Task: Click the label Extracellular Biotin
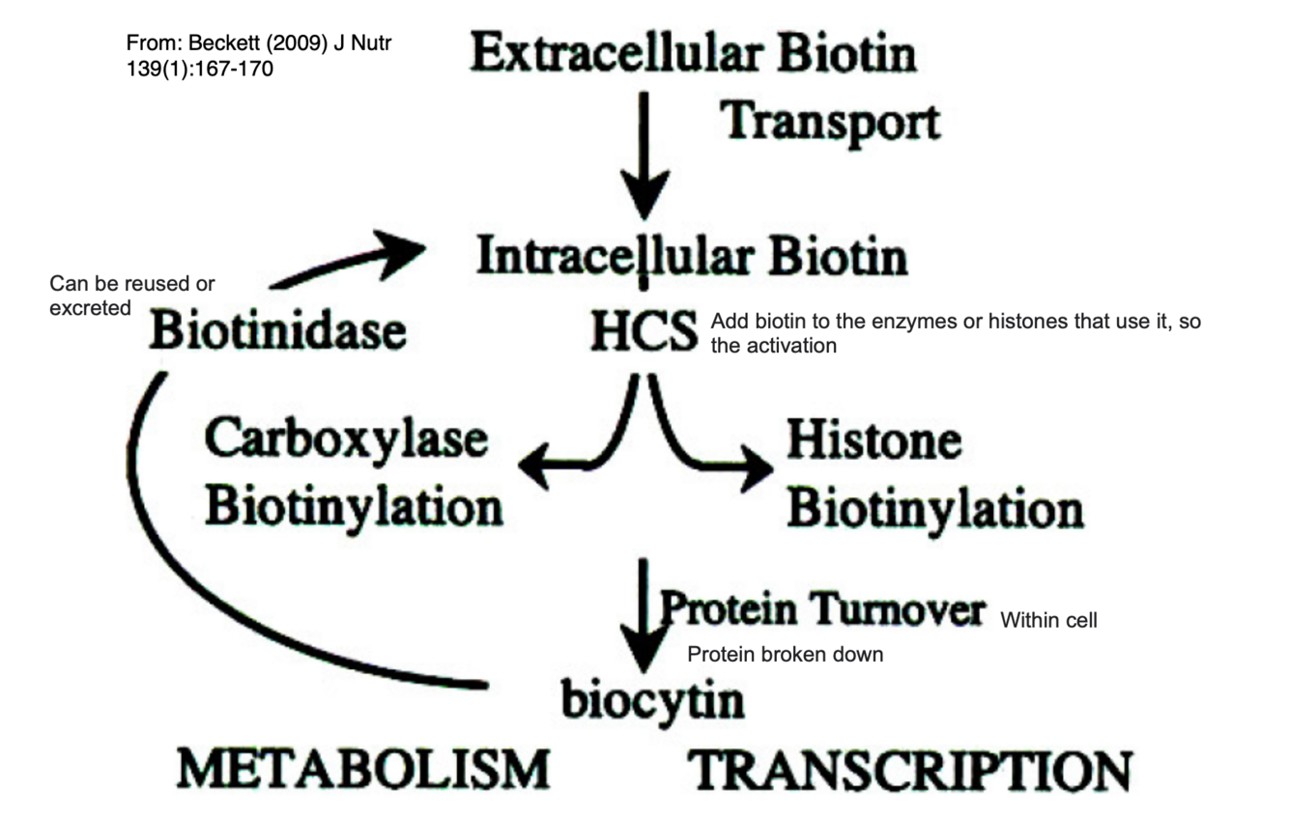(693, 54)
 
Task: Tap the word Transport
(830, 124)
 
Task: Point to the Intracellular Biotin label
(692, 257)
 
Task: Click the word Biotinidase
(277, 331)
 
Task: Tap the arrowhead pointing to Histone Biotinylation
(756, 467)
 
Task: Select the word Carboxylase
(346, 439)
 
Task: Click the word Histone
(874, 439)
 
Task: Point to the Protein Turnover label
(822, 609)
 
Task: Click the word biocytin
(653, 699)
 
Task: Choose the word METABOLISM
(363, 770)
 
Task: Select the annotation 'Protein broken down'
(785, 655)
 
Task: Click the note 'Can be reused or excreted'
(131, 296)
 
